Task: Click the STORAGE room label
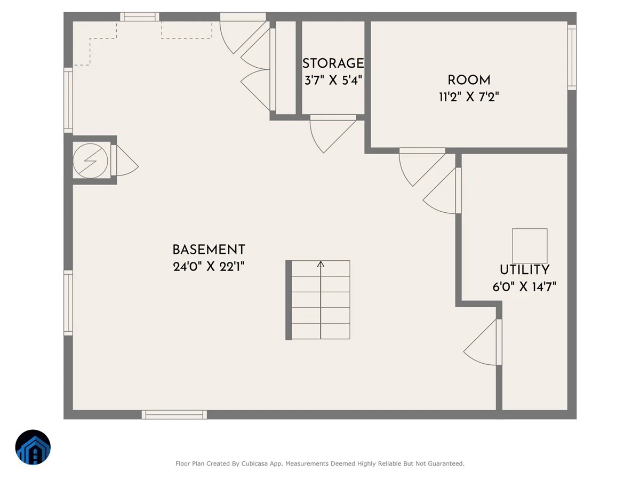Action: tap(333, 63)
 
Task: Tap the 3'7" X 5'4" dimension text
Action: tap(333, 80)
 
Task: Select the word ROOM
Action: tap(469, 80)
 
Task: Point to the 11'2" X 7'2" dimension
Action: tap(469, 97)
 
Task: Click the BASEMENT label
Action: tap(209, 250)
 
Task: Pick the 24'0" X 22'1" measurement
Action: tap(209, 266)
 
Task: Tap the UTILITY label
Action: tap(525, 269)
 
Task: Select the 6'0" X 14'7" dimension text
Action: tap(525, 287)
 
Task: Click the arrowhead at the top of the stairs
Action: tap(321, 264)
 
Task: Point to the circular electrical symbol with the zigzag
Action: tap(90, 161)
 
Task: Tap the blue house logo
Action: tap(33, 447)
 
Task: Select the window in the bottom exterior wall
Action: tap(174, 414)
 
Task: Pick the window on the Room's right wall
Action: tap(572, 58)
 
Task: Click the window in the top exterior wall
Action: tap(140, 17)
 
